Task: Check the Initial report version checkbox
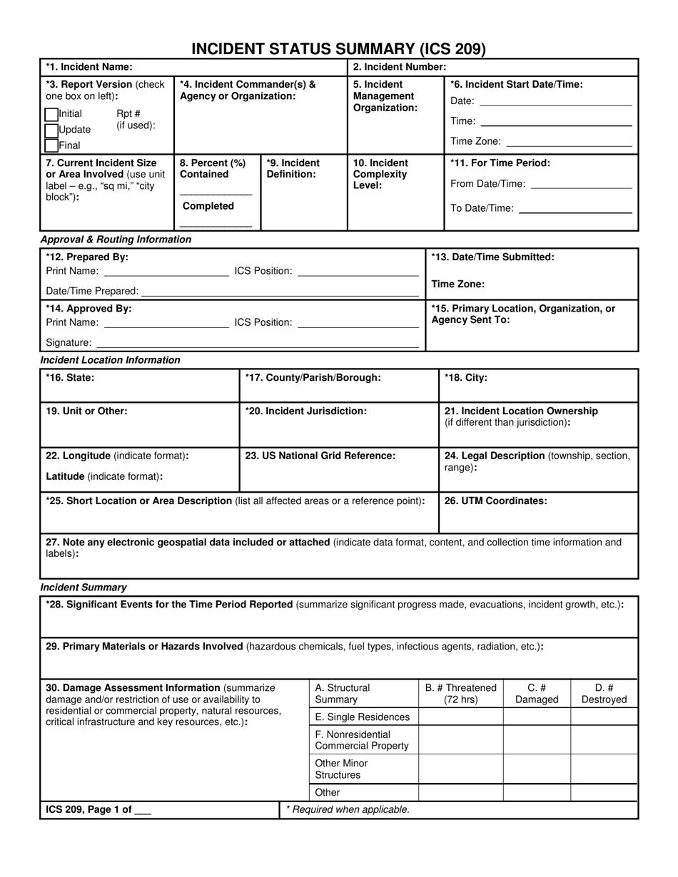(x=51, y=115)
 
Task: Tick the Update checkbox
(x=51, y=130)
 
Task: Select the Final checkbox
(x=51, y=145)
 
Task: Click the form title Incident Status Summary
(x=338, y=48)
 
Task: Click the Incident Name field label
(x=89, y=67)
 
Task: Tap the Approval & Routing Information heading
(x=116, y=240)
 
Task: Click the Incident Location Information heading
(x=111, y=360)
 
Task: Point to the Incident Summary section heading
(x=84, y=588)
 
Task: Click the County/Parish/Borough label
(x=313, y=378)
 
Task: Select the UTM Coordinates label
(x=496, y=501)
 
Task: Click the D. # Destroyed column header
(x=604, y=694)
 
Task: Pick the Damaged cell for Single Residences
(x=537, y=717)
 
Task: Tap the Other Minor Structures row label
(x=341, y=769)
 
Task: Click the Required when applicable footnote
(x=348, y=809)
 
